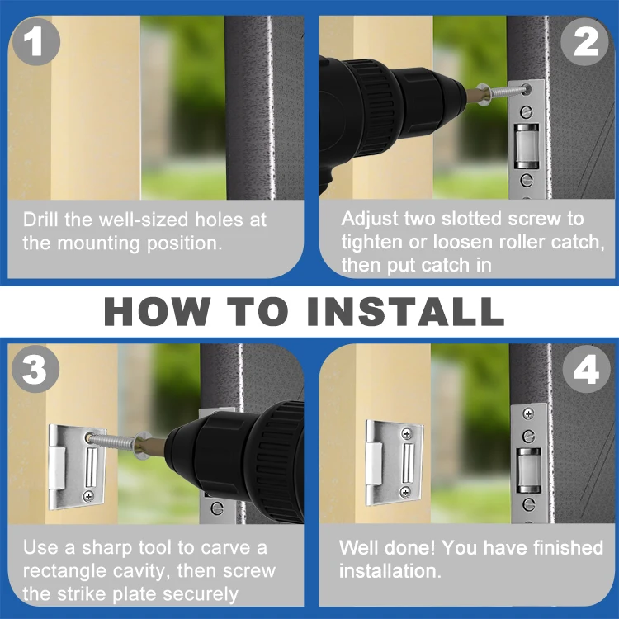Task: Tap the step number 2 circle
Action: pyautogui.click(x=585, y=41)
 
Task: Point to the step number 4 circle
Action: pyautogui.click(x=585, y=371)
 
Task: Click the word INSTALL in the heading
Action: pyautogui.click(x=404, y=311)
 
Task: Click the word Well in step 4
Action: pyautogui.click(x=358, y=548)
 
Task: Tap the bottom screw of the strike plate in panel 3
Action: pyautogui.click(x=88, y=496)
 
